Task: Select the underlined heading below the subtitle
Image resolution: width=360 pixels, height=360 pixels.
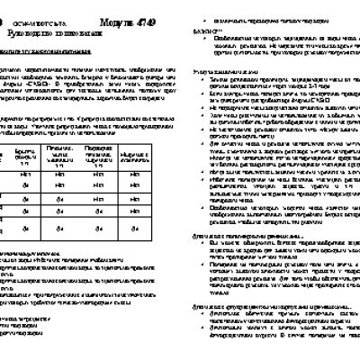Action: tap(45, 49)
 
